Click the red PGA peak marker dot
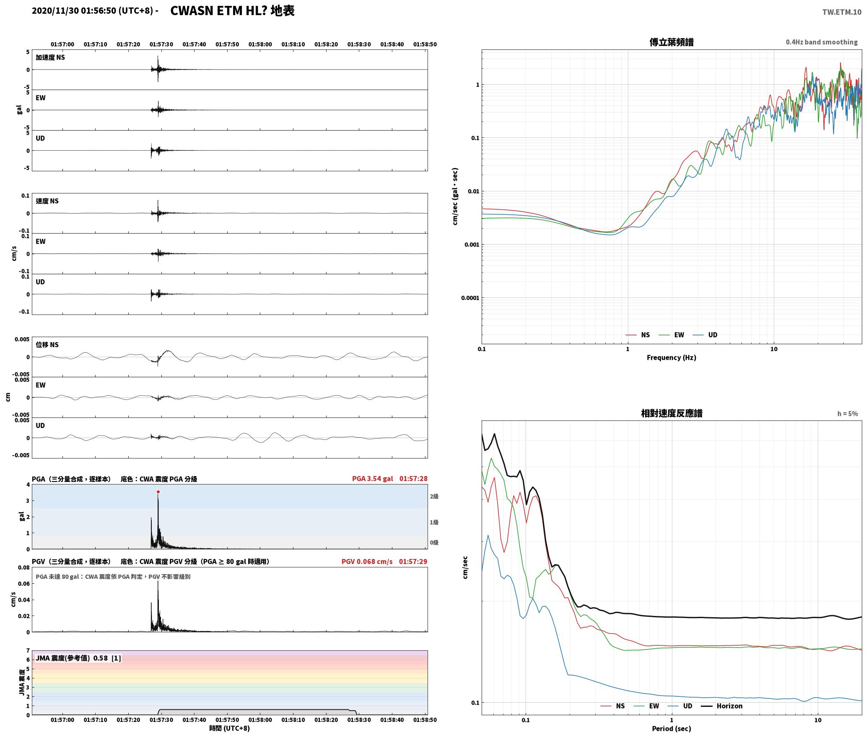tap(158, 492)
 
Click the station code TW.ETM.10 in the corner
tap(842, 12)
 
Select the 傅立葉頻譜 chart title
tap(672, 42)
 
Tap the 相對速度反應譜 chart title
tap(672, 413)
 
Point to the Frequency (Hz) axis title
tap(672, 358)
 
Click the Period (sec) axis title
tap(672, 729)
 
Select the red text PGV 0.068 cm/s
tap(367, 562)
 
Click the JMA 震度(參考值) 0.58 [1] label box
tap(78, 658)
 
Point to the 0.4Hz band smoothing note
tap(822, 42)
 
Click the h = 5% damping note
tap(848, 414)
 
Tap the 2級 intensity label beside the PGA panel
tap(434, 497)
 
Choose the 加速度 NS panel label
tap(50, 57)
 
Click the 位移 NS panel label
tap(47, 345)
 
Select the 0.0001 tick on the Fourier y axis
tap(470, 298)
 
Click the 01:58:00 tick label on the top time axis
tap(260, 44)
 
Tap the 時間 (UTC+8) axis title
tap(229, 728)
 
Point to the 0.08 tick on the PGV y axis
tap(24, 568)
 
